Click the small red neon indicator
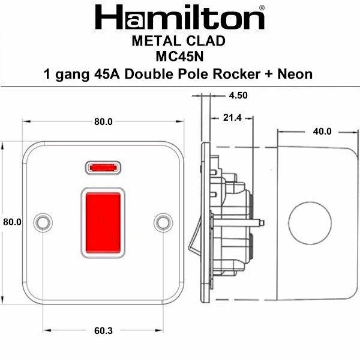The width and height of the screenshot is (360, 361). pyautogui.click(x=103, y=166)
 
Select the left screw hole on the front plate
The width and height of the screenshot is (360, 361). pyautogui.click(x=43, y=222)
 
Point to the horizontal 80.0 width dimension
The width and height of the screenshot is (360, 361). pyautogui.click(x=103, y=122)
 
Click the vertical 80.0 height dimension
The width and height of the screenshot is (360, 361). pyautogui.click(x=12, y=222)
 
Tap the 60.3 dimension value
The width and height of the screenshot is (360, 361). pyautogui.click(x=103, y=331)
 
